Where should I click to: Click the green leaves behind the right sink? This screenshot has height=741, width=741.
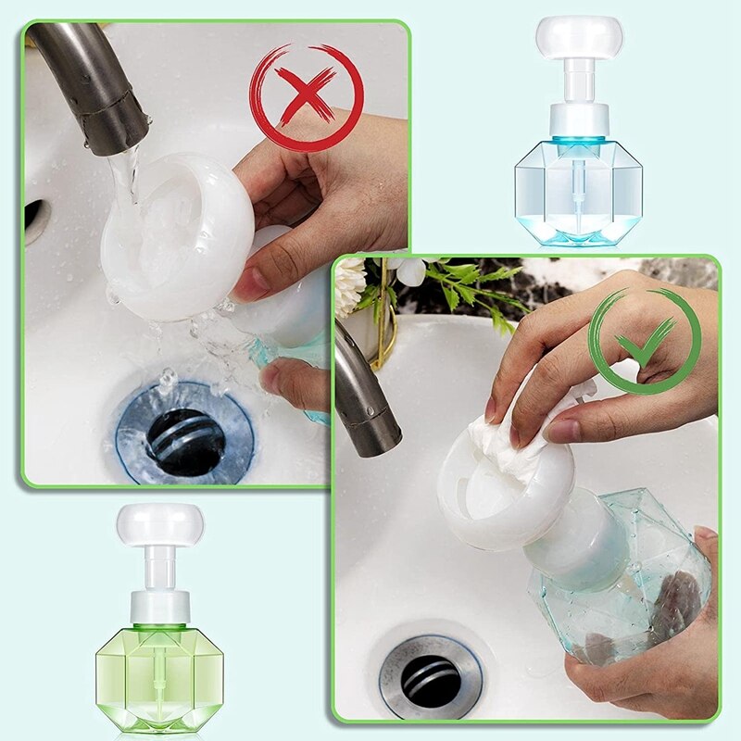click(x=472, y=283)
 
